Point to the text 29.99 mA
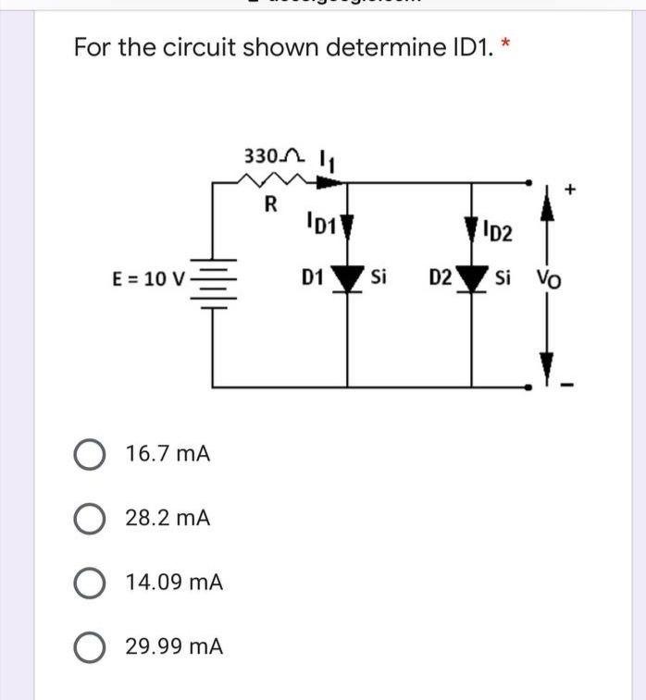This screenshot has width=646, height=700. (174, 646)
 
